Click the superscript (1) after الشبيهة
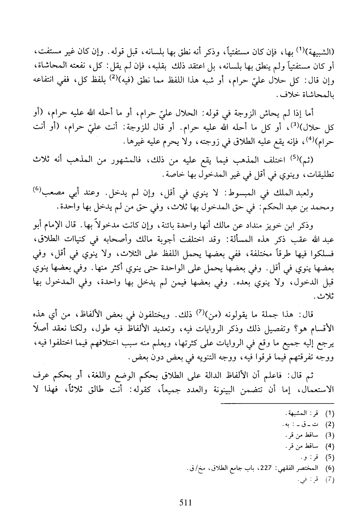[x=297, y=49]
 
